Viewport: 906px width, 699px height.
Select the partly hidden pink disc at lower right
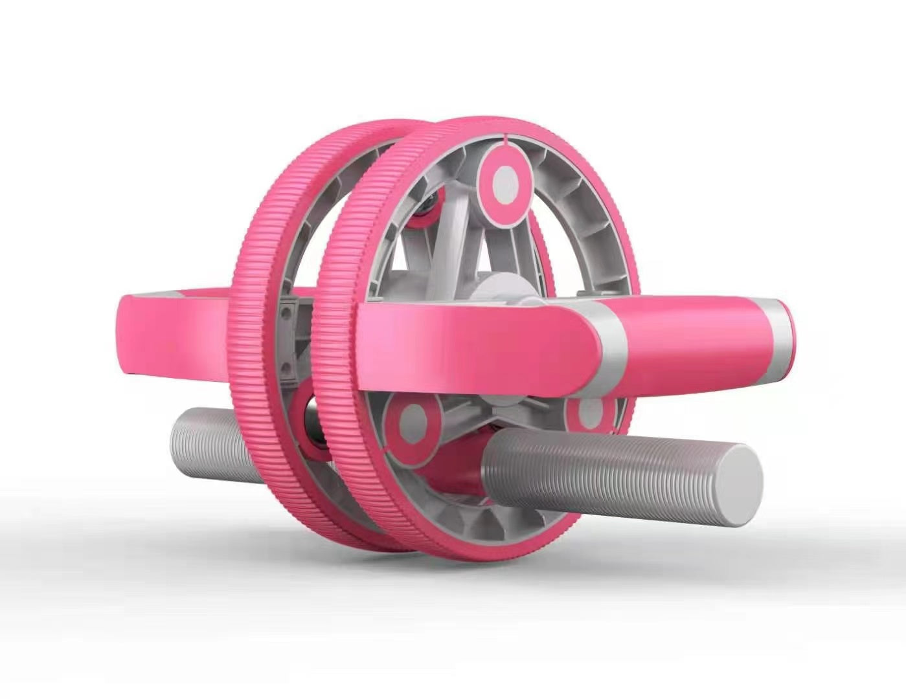(588, 414)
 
